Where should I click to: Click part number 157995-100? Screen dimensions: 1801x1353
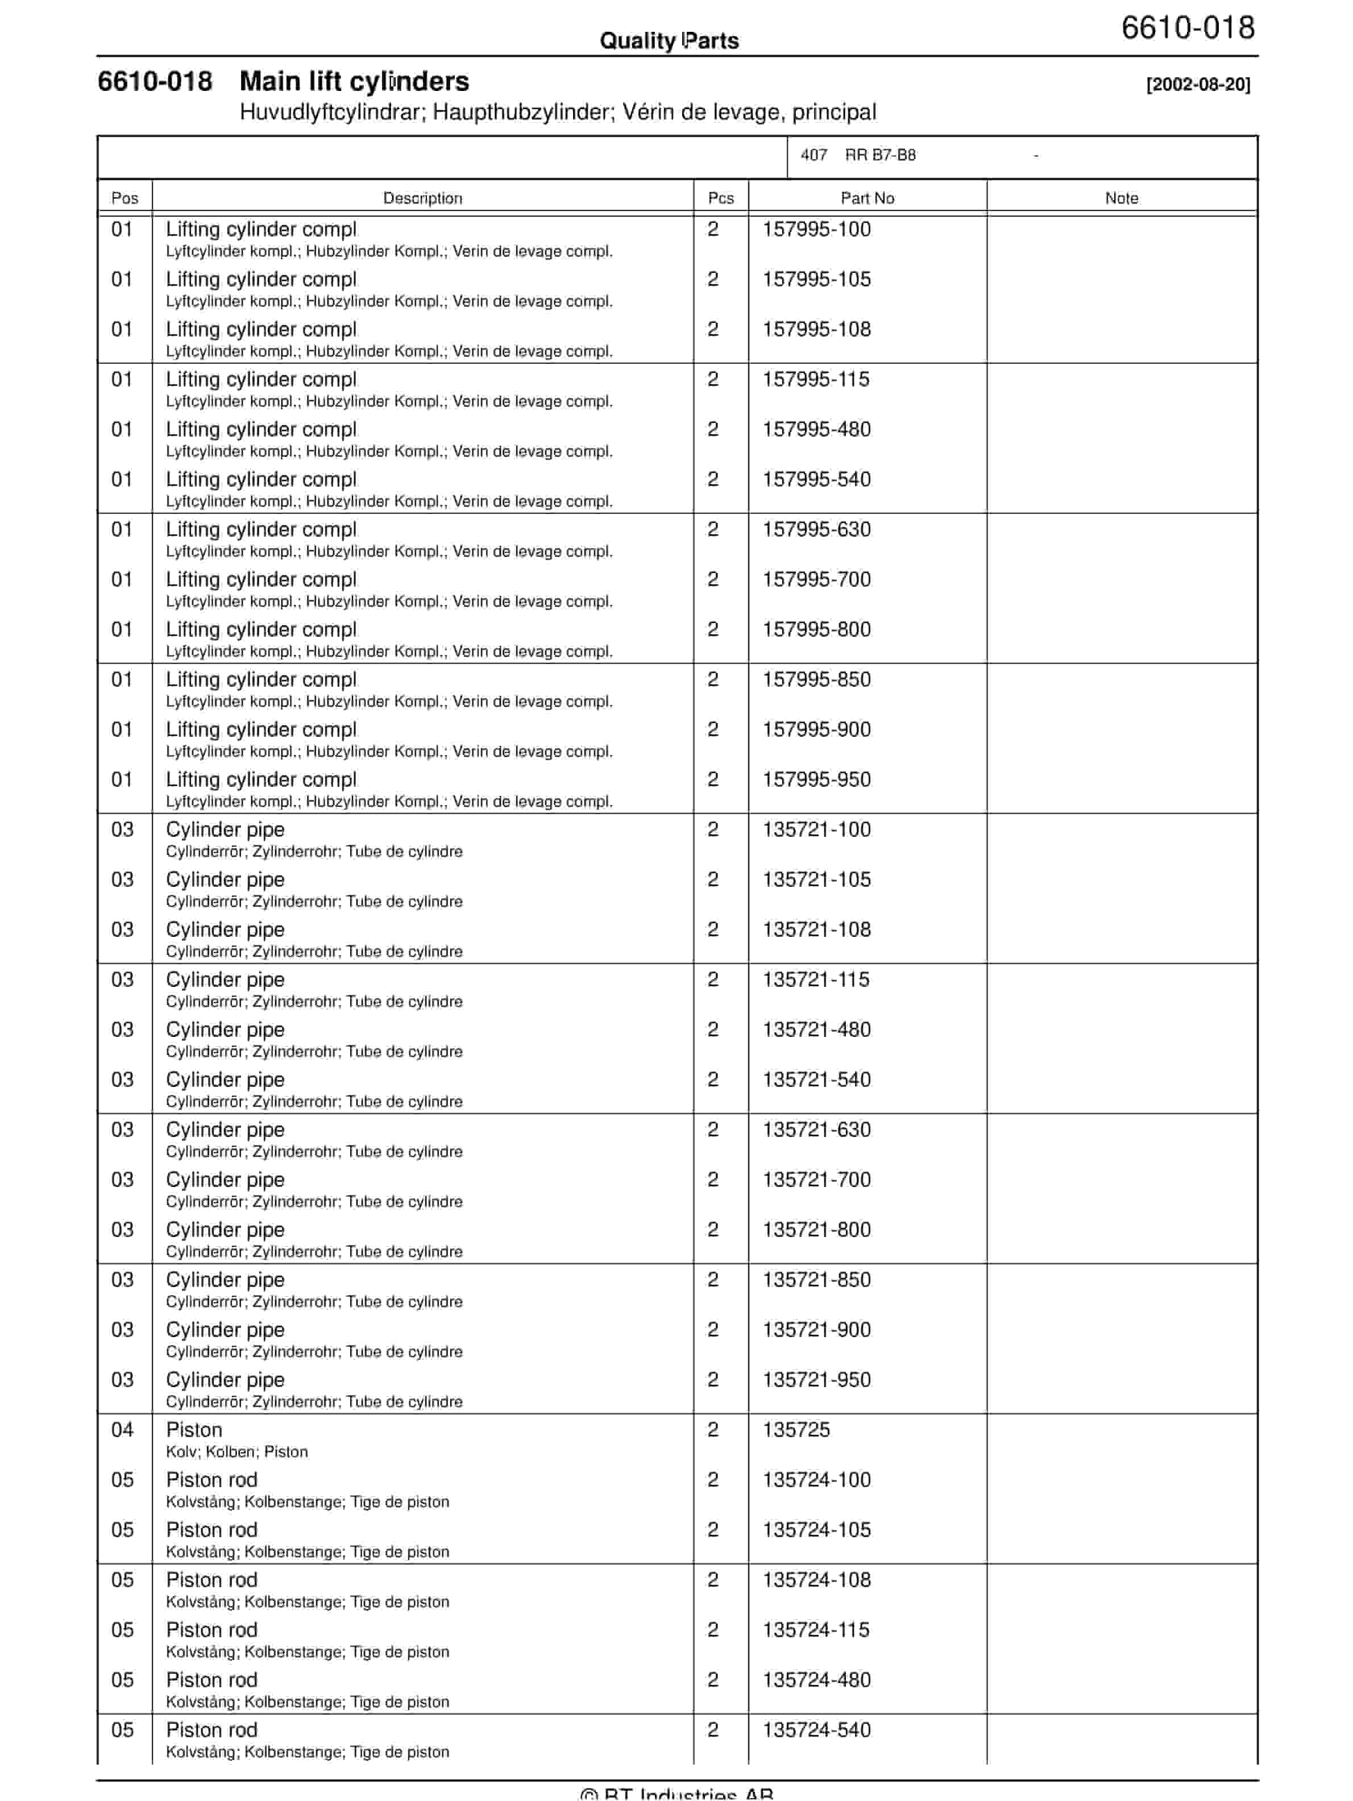point(816,230)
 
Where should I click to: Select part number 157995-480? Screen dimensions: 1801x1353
point(816,430)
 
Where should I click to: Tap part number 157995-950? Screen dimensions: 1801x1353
point(816,780)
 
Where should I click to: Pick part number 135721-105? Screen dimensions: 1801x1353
point(816,880)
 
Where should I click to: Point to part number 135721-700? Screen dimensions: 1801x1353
point(816,1181)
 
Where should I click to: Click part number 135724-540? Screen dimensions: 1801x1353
point(816,1731)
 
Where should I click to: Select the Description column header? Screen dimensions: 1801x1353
point(422,198)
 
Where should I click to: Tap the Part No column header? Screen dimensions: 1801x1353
point(867,198)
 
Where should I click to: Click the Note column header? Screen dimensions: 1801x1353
point(1121,198)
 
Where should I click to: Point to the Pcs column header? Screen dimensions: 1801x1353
point(720,198)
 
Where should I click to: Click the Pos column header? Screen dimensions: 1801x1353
point(124,198)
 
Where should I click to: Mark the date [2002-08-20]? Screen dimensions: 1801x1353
point(1197,85)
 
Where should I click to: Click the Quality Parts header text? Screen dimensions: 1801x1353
point(669,41)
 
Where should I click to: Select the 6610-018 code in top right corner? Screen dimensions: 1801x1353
point(1188,28)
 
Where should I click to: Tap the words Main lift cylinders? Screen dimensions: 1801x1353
point(354,81)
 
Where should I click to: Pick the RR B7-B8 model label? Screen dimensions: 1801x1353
point(880,156)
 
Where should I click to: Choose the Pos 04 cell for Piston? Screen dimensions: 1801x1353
point(122,1430)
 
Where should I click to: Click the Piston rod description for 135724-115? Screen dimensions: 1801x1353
point(211,1631)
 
